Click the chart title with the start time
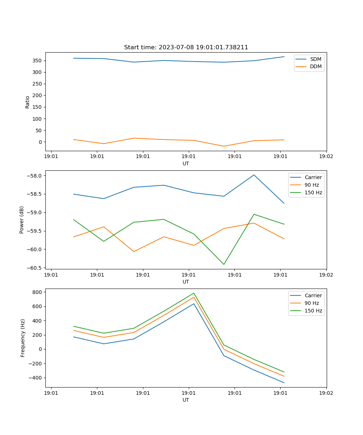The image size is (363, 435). (186, 47)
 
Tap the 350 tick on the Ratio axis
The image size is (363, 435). (38, 61)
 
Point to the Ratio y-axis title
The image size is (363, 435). (28, 102)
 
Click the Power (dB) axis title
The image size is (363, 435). (22, 220)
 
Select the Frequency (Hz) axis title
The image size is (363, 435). (23, 338)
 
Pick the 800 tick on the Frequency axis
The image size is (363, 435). (38, 292)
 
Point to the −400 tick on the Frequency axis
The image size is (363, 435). (36, 378)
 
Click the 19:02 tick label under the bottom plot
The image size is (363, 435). (326, 393)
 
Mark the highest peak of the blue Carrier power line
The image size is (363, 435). (254, 175)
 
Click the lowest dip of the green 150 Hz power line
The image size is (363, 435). (224, 264)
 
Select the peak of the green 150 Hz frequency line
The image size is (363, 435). (194, 293)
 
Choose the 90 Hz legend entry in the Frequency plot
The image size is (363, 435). (311, 303)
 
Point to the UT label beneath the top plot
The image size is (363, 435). (186, 164)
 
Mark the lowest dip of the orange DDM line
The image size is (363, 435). (224, 146)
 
